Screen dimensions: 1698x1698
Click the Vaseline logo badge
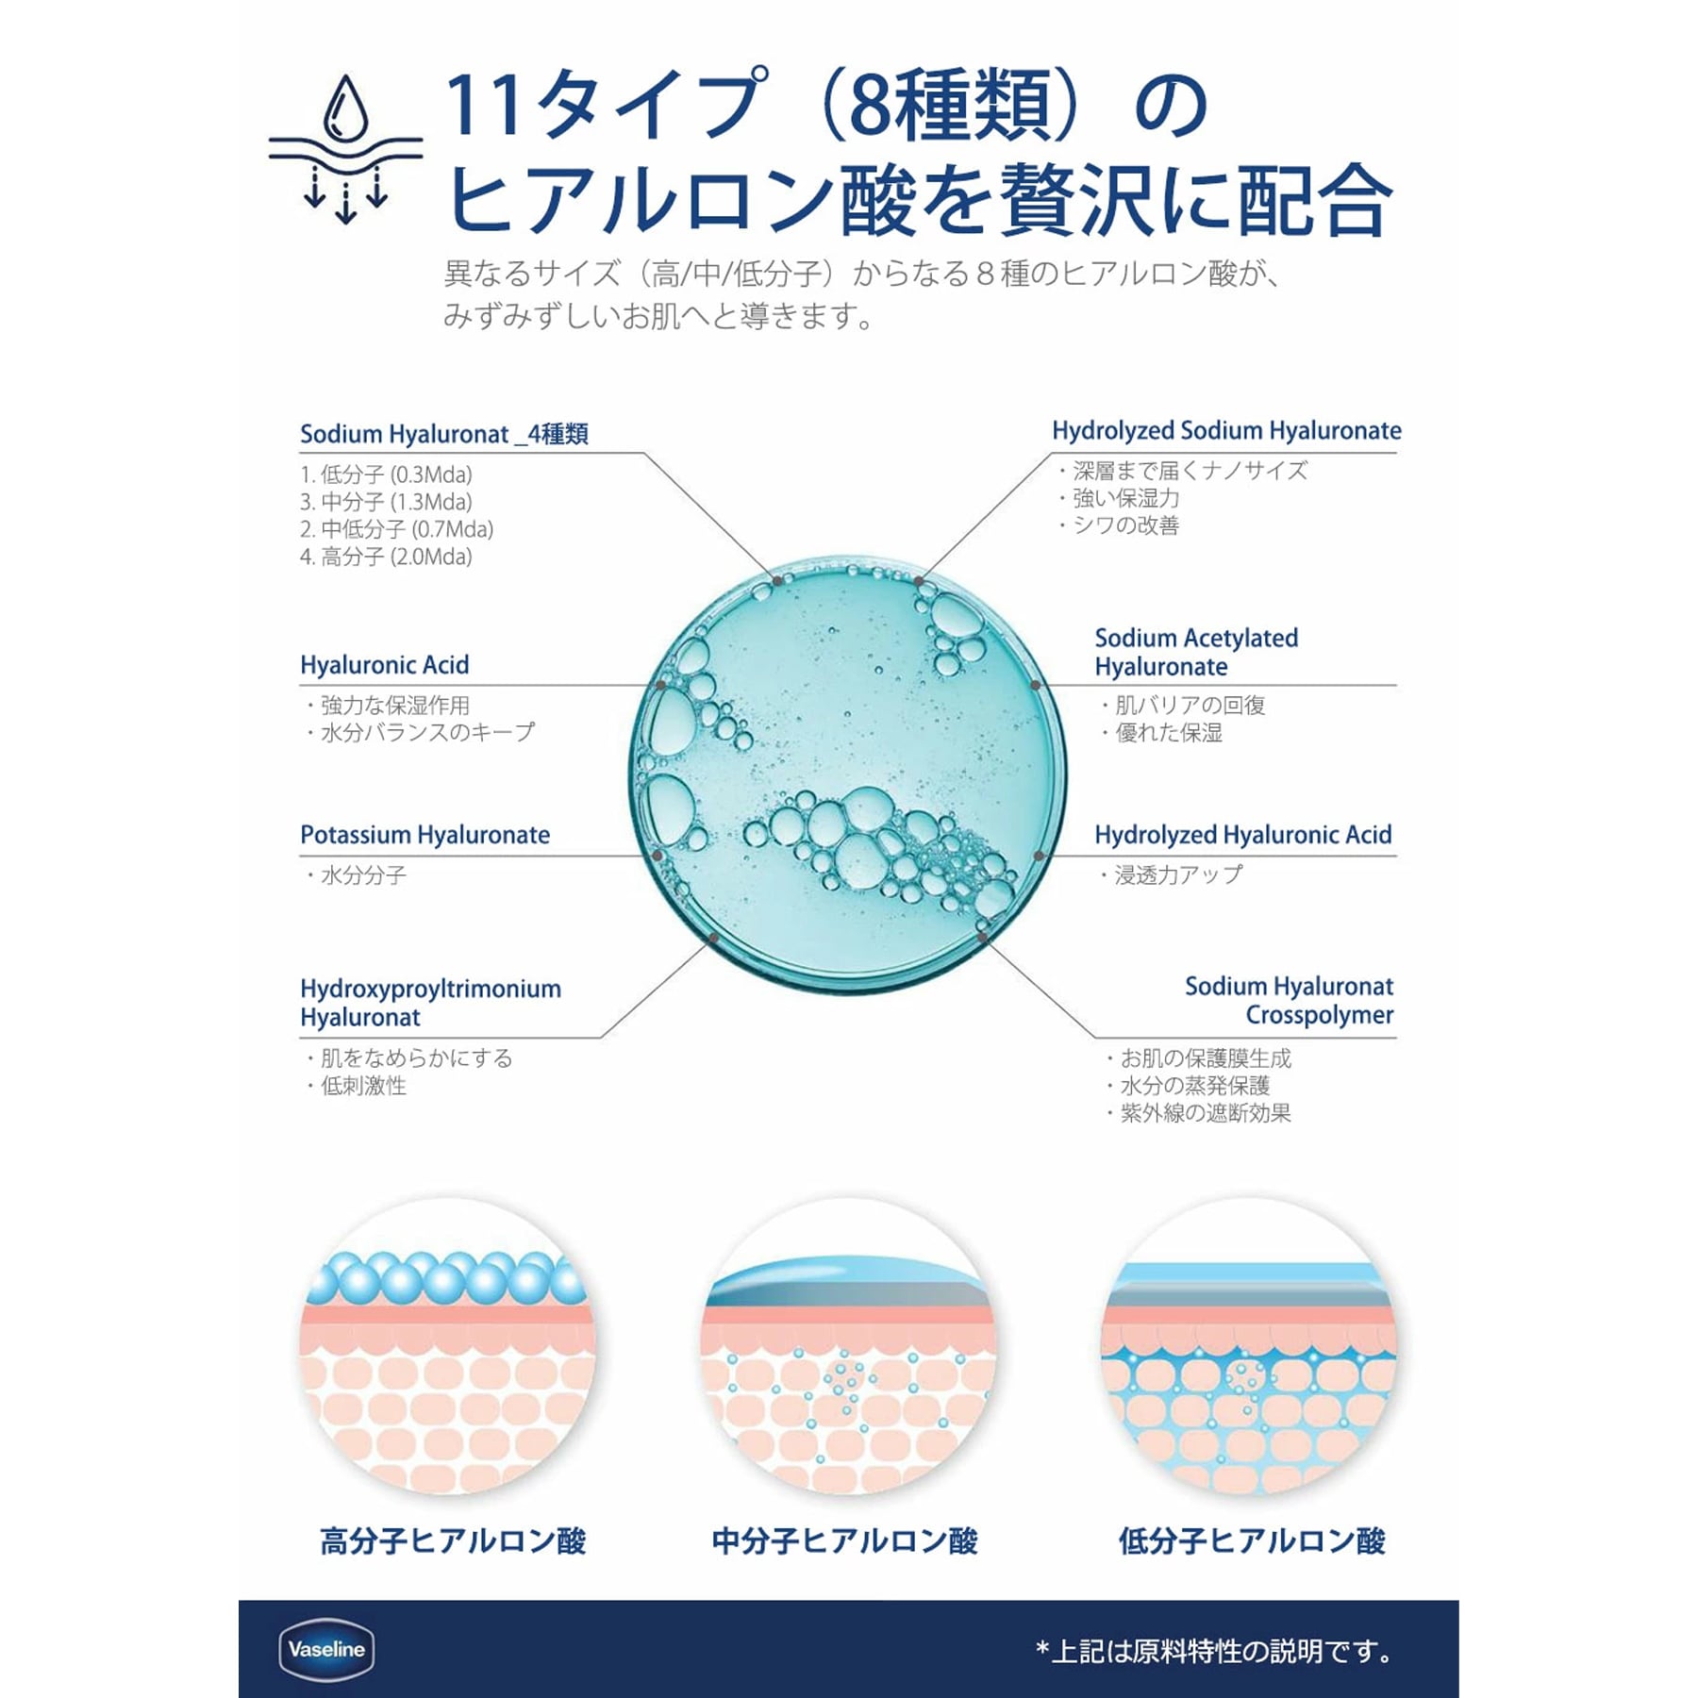[326, 1650]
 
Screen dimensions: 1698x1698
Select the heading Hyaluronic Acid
[384, 665]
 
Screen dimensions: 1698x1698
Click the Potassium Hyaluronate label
[424, 835]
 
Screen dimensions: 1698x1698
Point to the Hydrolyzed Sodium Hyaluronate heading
[1226, 431]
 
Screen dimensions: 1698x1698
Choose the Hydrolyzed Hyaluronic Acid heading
[1242, 835]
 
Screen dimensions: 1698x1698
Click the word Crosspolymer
[1319, 1015]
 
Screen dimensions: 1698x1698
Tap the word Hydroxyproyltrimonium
[430, 989]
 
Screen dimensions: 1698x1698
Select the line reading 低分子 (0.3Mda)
[386, 474]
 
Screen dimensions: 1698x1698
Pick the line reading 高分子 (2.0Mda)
[386, 557]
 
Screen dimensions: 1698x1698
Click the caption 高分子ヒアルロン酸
[453, 1541]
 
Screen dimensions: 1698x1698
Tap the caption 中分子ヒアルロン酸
[844, 1541]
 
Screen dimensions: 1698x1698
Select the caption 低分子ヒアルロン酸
[1252, 1541]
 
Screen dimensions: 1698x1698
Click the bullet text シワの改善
[1125, 525]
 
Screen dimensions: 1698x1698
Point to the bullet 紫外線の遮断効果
[1205, 1113]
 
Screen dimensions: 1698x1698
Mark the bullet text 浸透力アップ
[1177, 875]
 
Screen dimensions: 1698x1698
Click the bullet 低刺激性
[363, 1086]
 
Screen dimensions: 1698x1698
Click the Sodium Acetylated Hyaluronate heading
[1195, 653]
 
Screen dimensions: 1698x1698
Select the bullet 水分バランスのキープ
[426, 732]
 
